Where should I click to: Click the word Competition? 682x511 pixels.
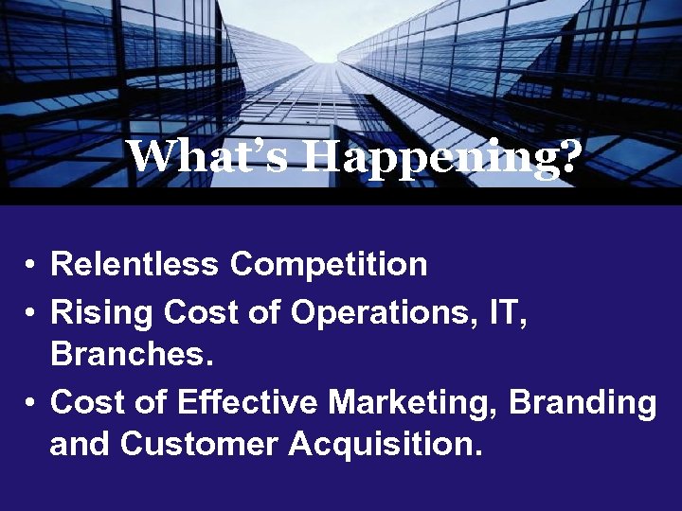(x=329, y=264)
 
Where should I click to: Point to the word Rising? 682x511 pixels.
(x=101, y=311)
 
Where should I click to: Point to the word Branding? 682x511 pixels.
(x=583, y=402)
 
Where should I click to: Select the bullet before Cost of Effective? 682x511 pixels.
(x=31, y=403)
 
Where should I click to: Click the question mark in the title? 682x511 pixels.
(x=566, y=157)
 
